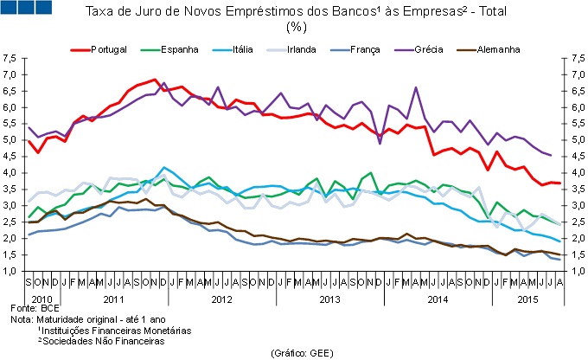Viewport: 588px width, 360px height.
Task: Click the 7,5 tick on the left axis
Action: point(10,59)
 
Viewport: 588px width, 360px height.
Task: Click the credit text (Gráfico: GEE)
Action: point(293,353)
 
